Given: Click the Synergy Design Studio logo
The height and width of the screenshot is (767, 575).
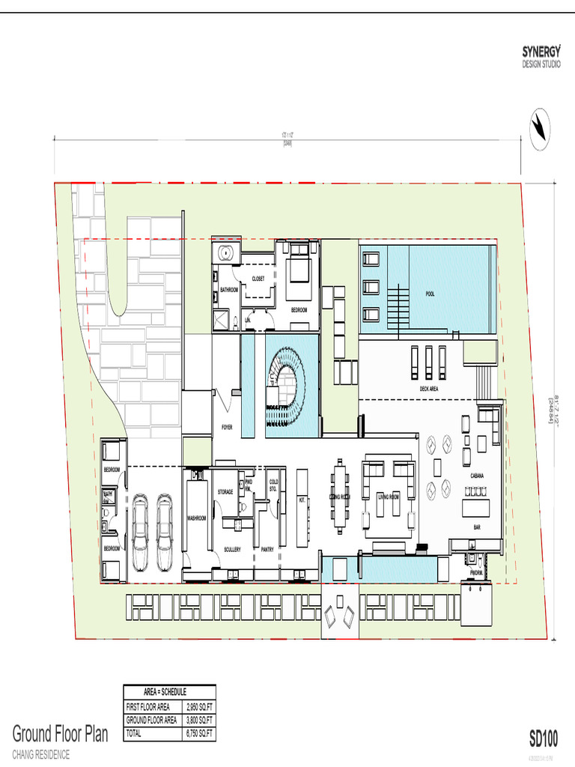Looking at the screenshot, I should pyautogui.click(x=541, y=56).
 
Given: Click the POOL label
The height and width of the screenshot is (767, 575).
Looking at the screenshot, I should pyautogui.click(x=430, y=294).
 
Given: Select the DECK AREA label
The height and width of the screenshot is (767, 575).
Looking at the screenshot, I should pyautogui.click(x=429, y=389).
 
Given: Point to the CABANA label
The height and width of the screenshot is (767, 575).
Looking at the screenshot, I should pyautogui.click(x=477, y=476).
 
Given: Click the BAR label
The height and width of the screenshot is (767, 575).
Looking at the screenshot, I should pyautogui.click(x=477, y=527).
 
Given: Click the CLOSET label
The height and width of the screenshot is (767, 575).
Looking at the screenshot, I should pyautogui.click(x=258, y=278).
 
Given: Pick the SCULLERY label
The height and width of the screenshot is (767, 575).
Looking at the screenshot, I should pyautogui.click(x=232, y=549).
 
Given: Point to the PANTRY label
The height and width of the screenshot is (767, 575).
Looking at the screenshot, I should pyautogui.click(x=267, y=549).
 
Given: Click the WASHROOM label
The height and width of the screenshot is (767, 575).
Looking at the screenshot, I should pyautogui.click(x=197, y=518).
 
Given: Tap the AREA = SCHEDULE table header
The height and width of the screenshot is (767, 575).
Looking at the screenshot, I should pyautogui.click(x=169, y=691).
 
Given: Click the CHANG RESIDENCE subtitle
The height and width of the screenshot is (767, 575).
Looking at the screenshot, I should pyautogui.click(x=41, y=754).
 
